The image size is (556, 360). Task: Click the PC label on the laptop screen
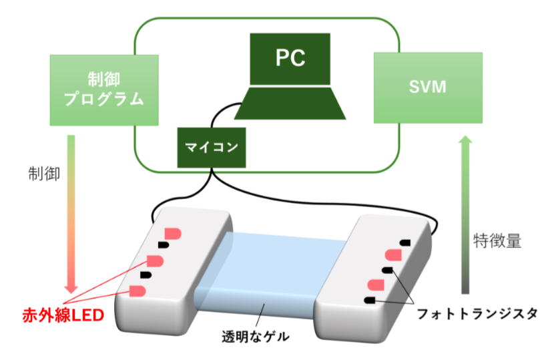290,58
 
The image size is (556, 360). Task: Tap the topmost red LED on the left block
173,233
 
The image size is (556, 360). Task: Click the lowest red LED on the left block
137,291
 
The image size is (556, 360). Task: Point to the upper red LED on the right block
393,255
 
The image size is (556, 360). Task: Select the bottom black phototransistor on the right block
369,301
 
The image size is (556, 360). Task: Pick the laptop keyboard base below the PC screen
290,104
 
